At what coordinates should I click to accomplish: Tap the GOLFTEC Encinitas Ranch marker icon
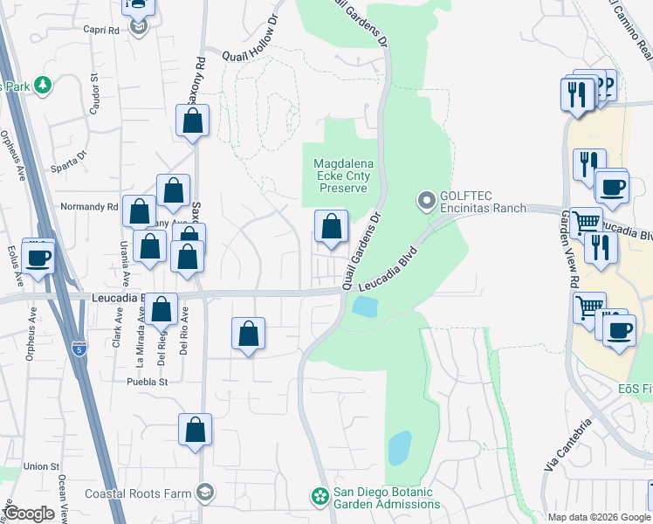pyautogui.click(x=427, y=201)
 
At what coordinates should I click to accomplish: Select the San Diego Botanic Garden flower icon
pyautogui.click(x=320, y=498)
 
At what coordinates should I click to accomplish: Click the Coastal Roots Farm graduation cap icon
pyautogui.click(x=204, y=494)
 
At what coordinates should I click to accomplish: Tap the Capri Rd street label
pyautogui.click(x=101, y=30)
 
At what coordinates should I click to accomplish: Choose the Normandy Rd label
pyautogui.click(x=88, y=207)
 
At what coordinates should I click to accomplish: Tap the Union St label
pyautogui.click(x=41, y=466)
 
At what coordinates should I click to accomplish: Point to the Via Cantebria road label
pyautogui.click(x=568, y=445)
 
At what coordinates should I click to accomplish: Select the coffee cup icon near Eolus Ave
pyautogui.click(x=38, y=259)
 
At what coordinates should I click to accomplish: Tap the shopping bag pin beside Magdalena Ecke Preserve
pyautogui.click(x=331, y=227)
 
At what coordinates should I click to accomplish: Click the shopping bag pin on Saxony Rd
pyautogui.click(x=193, y=121)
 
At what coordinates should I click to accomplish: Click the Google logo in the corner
pyautogui.click(x=29, y=514)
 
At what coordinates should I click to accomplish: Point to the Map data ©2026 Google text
pyautogui.click(x=598, y=517)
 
